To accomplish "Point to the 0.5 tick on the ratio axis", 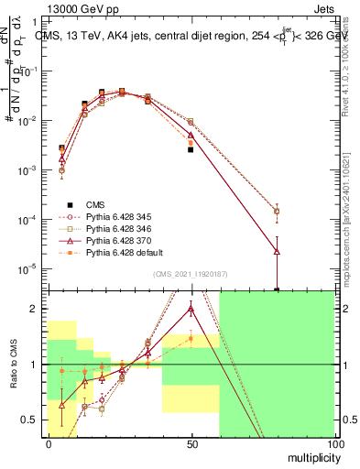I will tap(30, 420).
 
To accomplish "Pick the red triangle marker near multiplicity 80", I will tap(277, 251).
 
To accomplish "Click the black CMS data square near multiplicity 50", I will tap(191, 149).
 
